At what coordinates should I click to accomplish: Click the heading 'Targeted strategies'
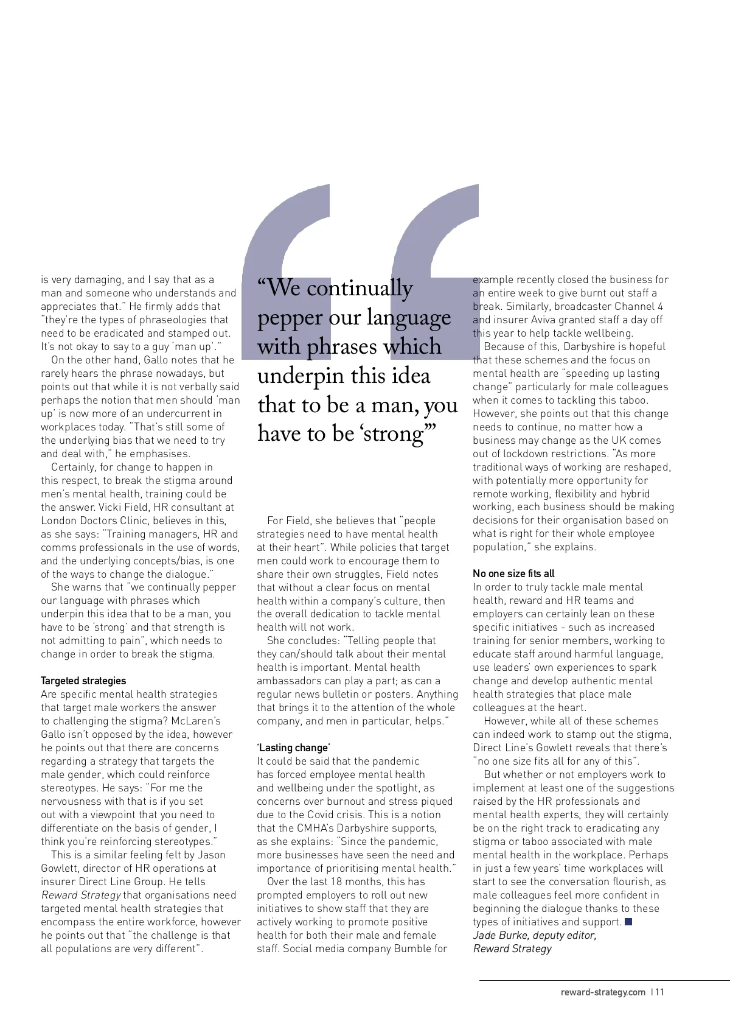tap(83, 681)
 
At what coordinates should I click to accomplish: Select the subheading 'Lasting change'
tap(293, 748)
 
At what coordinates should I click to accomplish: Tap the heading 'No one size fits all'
tap(513, 573)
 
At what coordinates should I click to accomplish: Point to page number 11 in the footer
tap(659, 992)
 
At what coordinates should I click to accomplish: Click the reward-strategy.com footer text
tap(603, 992)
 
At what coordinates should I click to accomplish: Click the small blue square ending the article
tap(628, 922)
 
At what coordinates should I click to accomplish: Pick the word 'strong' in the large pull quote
tap(394, 434)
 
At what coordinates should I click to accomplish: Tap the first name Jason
tap(212, 855)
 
